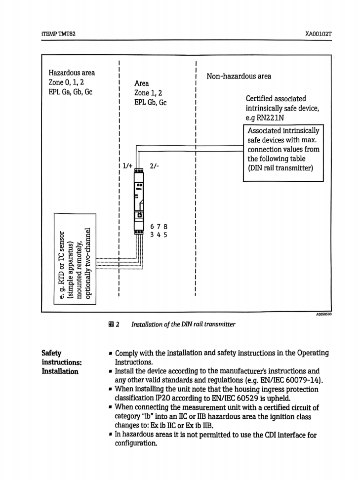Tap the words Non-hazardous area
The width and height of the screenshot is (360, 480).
pyautogui.click(x=239, y=77)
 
